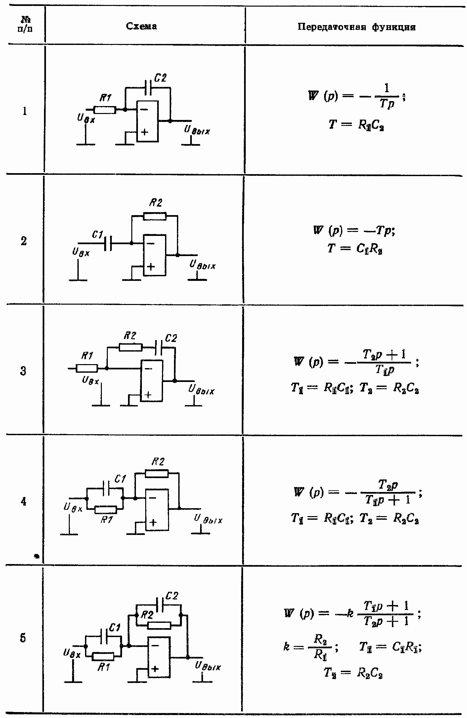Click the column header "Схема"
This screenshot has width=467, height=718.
[141, 26]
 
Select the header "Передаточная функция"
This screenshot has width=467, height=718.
[356, 27]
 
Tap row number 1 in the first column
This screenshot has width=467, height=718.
[24, 111]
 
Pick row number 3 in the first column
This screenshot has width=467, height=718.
[23, 371]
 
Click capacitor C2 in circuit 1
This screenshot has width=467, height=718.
[148, 88]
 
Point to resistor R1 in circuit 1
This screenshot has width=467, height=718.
[105, 110]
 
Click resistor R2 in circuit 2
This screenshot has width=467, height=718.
[155, 216]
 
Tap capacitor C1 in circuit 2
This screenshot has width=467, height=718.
[108, 244]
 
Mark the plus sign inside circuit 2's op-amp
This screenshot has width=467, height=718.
[150, 267]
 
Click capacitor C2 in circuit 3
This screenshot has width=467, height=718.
[159, 347]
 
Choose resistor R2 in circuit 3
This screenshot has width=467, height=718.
[131, 347]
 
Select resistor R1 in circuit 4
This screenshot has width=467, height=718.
[106, 510]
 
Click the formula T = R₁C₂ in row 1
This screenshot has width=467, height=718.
[356, 125]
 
